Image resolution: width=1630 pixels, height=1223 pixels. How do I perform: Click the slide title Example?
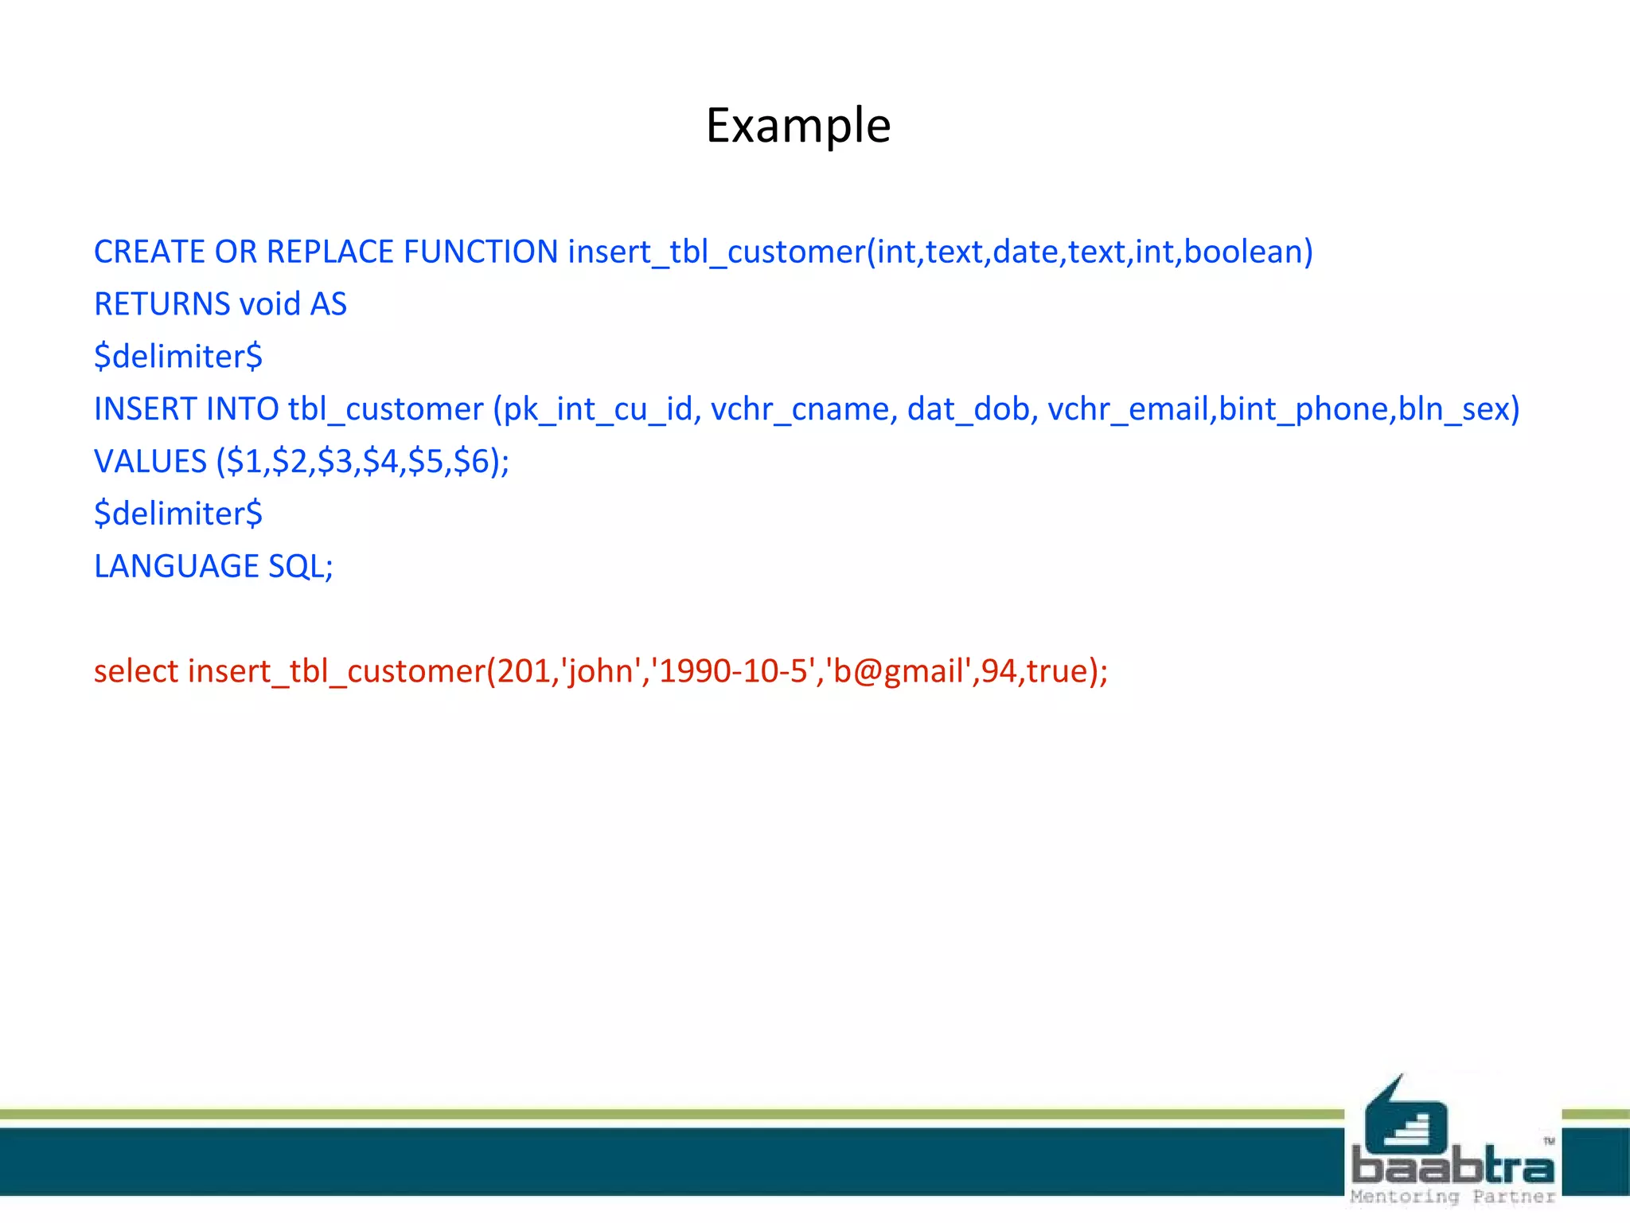[798, 126]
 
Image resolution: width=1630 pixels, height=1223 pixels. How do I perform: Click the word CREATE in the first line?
[149, 252]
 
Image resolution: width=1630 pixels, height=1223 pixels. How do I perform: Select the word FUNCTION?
[481, 252]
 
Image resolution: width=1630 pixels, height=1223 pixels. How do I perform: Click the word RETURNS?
[162, 304]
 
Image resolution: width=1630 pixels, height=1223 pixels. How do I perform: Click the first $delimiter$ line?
[178, 356]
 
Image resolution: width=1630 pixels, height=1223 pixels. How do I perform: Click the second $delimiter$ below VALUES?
[178, 514]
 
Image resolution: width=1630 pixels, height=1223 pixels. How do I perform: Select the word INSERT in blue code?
[145, 409]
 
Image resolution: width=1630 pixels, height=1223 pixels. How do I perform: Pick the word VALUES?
[150, 462]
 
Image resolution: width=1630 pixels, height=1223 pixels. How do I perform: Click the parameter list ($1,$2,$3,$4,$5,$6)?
[363, 462]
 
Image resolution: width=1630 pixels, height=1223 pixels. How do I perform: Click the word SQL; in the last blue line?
[301, 566]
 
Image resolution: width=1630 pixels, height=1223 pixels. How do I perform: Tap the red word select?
[136, 671]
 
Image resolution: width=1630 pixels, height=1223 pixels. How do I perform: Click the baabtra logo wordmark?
[1453, 1166]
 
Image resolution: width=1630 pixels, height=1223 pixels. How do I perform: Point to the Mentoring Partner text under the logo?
[1453, 1197]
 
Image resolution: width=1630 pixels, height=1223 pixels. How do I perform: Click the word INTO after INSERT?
[242, 409]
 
